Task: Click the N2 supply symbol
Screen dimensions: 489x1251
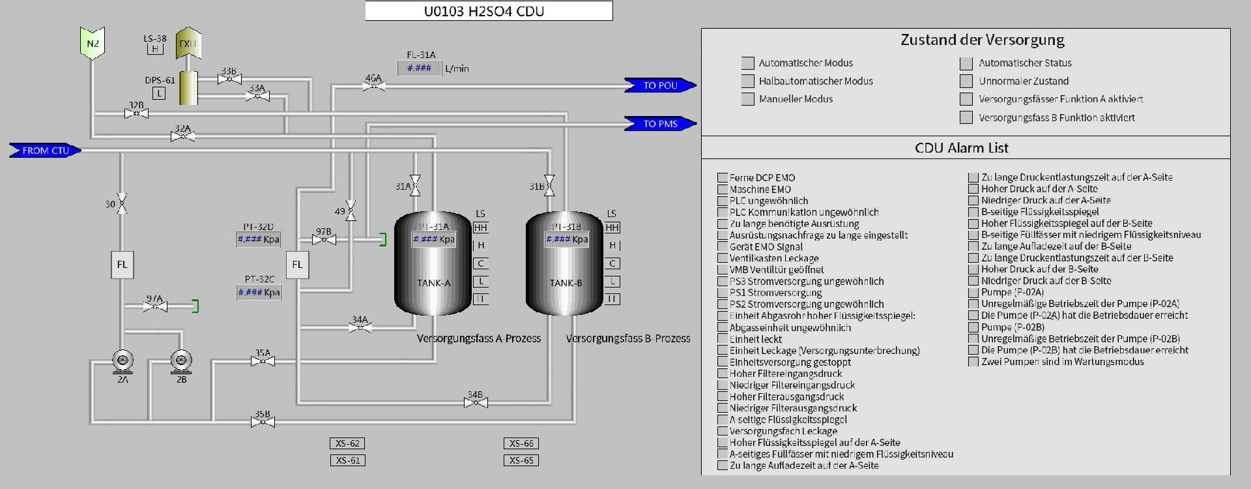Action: coord(93,44)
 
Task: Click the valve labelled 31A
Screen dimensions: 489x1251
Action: coord(415,185)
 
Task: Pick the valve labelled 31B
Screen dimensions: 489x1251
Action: coord(549,185)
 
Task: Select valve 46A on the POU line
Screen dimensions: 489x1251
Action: coord(373,85)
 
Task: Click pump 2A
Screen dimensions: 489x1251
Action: coord(122,361)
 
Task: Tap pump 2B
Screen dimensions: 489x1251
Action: coord(181,361)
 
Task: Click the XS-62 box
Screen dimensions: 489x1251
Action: coord(347,443)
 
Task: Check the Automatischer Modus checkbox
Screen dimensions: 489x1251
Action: coord(747,63)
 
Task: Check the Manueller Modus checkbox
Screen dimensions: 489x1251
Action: coord(747,99)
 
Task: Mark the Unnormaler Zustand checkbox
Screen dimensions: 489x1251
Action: coord(966,81)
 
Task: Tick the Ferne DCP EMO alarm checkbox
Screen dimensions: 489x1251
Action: coord(722,177)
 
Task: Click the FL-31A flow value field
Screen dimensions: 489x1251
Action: coord(419,68)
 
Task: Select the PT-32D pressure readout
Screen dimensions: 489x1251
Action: coord(259,239)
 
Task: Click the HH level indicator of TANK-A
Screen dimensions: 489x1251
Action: coord(480,228)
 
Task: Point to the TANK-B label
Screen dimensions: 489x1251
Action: coord(566,283)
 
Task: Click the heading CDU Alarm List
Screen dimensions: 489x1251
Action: coord(961,148)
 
